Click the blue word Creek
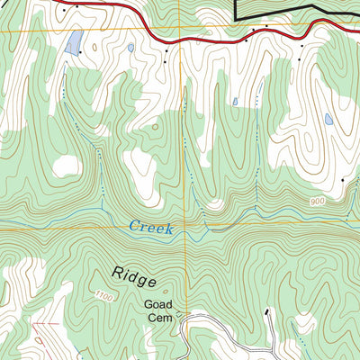pos(149,227)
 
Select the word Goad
pos(157,304)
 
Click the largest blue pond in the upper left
pos(76,40)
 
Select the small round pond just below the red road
pos(130,48)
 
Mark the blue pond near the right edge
pos(328,118)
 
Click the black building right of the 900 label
pos(343,182)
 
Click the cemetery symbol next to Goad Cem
pos(178,315)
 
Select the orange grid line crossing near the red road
pos(180,34)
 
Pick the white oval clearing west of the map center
pos(66,166)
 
